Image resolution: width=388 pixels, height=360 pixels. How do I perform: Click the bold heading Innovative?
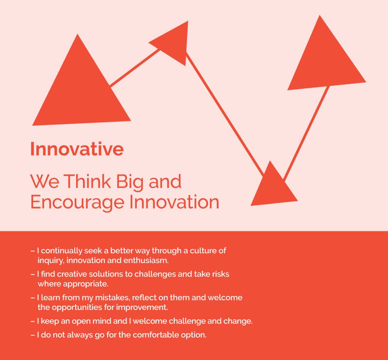(77, 149)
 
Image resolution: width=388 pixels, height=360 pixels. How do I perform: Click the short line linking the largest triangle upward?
(134, 68)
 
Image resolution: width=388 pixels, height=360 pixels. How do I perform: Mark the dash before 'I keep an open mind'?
(33, 322)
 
